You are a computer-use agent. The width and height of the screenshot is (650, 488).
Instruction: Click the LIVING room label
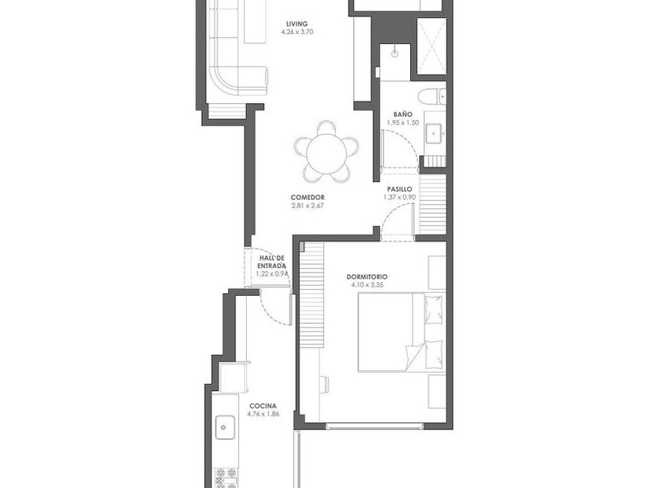click(297, 24)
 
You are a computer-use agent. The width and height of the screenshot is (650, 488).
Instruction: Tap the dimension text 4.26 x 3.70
click(297, 32)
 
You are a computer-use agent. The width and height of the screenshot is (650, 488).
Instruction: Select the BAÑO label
click(402, 114)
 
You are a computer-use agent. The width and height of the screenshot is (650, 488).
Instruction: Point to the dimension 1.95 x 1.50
click(402, 123)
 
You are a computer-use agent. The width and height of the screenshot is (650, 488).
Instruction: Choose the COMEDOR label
click(307, 198)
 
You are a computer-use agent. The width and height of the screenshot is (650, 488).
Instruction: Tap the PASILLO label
click(399, 189)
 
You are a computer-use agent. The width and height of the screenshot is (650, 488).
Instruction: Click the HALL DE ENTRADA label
click(272, 262)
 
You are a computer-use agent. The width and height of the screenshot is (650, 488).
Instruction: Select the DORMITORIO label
click(367, 277)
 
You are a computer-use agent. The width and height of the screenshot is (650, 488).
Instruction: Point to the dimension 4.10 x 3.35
click(367, 285)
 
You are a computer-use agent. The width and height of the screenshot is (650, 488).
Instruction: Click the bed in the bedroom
click(402, 332)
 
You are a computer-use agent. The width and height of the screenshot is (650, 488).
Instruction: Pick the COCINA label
click(263, 406)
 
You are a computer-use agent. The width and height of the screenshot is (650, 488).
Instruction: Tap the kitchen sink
click(225, 428)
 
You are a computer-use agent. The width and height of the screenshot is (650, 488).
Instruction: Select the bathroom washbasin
click(435, 133)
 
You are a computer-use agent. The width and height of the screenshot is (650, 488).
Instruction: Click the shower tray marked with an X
click(431, 46)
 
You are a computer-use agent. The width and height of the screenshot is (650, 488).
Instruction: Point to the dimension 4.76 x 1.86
click(263, 414)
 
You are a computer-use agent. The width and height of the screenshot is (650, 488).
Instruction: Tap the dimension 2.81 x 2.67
click(307, 205)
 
